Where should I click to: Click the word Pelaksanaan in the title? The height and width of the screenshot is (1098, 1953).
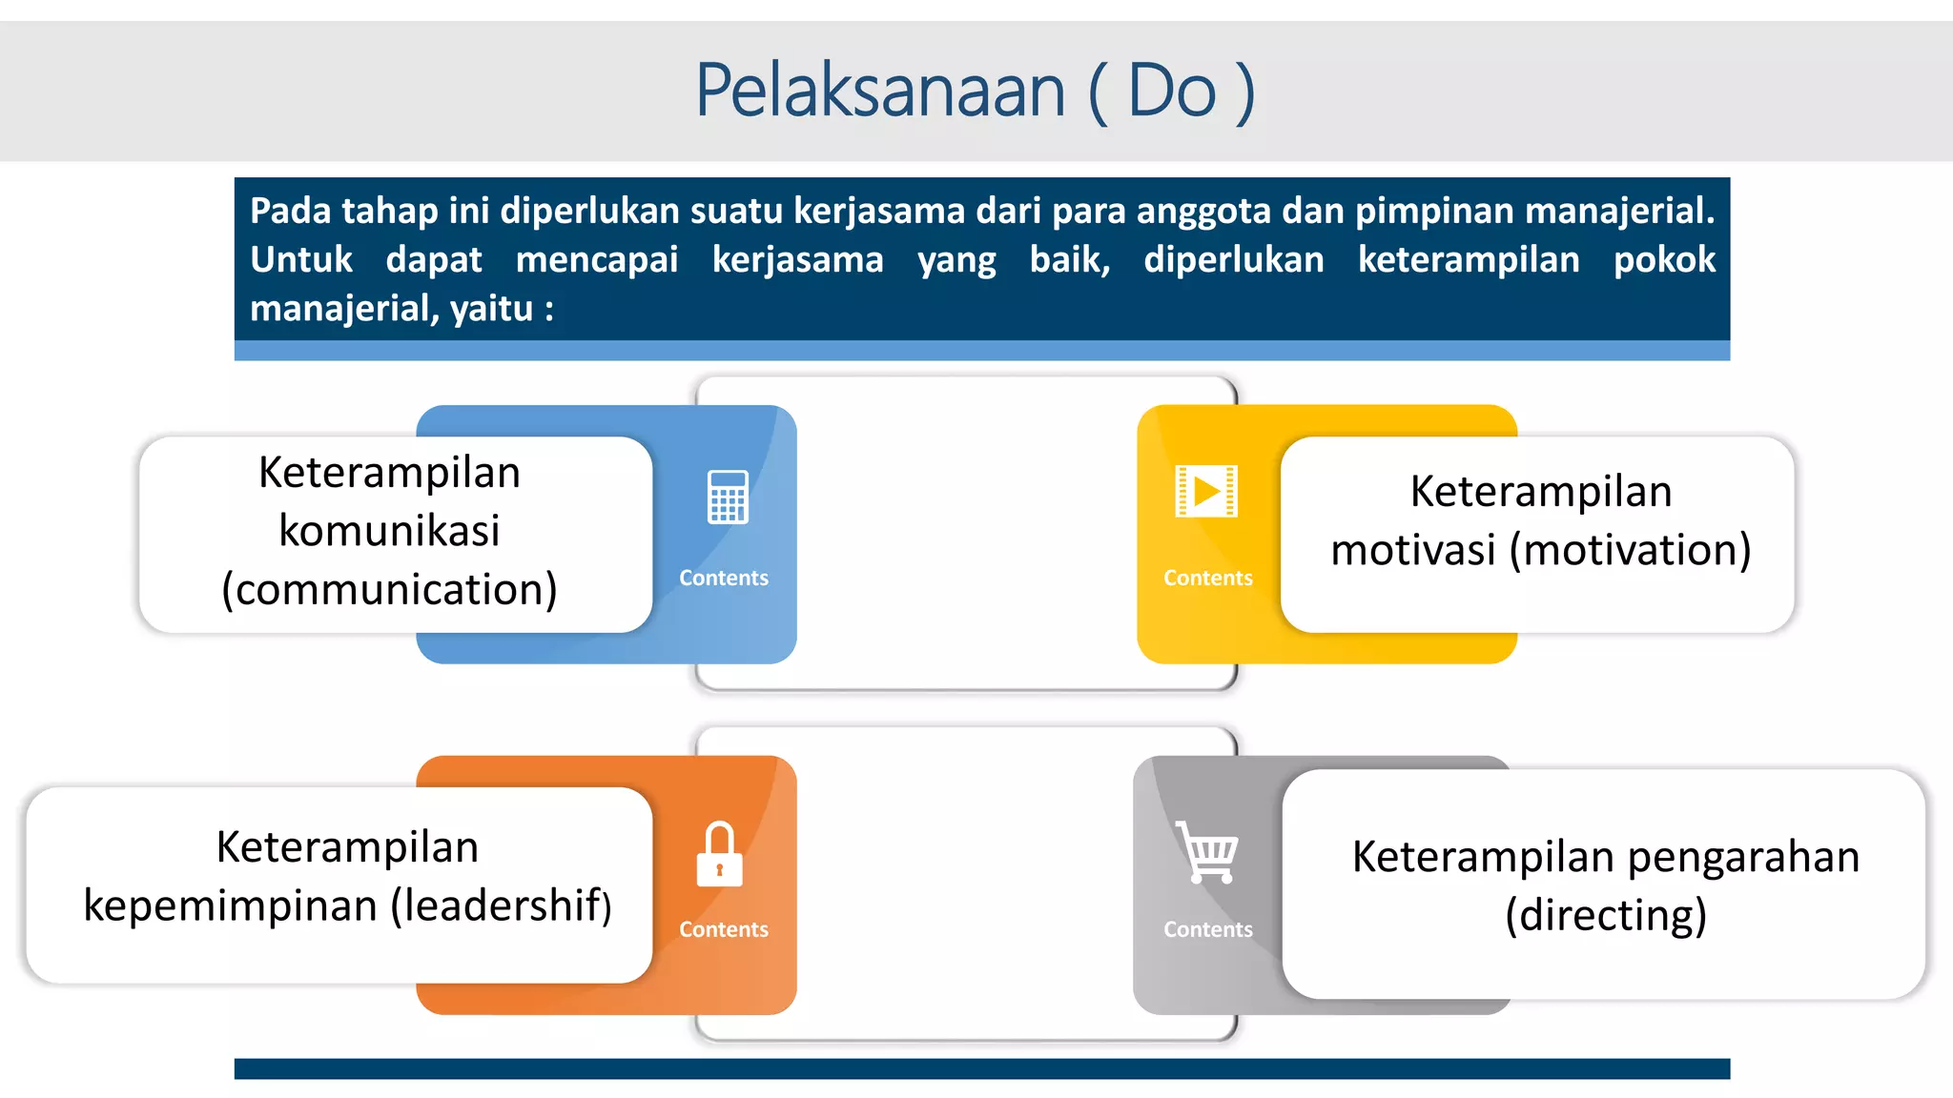point(879,91)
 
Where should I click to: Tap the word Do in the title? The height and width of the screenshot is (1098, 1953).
point(1172,91)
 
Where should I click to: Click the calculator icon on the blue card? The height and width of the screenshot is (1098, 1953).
point(728,497)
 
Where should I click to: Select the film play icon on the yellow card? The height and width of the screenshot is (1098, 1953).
point(1206,491)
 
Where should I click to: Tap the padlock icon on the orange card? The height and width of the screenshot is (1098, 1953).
point(719,855)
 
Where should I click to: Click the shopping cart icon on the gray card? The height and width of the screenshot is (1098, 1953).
point(1207,851)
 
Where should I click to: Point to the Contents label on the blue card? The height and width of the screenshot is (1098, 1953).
point(723,578)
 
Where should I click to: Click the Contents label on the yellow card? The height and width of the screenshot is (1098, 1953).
point(1207,578)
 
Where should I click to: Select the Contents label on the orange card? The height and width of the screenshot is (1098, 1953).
point(723,929)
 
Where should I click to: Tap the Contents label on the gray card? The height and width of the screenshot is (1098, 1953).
point(1207,929)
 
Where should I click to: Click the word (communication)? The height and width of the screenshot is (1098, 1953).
point(389,590)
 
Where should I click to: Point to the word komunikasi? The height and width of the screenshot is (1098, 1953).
point(389,531)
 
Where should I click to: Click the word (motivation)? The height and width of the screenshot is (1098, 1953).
point(1630,551)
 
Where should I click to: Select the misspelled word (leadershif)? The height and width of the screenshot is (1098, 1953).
point(502,905)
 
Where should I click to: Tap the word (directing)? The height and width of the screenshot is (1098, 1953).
point(1605,916)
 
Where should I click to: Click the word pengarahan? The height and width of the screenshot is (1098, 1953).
point(1743,857)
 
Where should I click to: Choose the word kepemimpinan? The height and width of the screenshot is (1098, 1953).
point(230,906)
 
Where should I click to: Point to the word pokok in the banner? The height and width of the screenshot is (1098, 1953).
point(1664,259)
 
